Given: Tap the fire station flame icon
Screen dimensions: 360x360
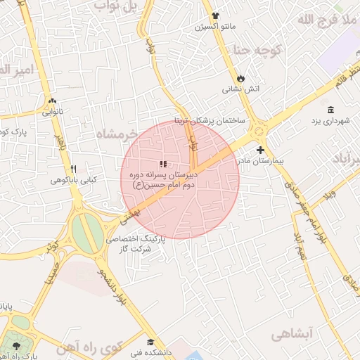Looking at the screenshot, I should point(241,77).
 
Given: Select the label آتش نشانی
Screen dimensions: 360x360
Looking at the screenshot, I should point(241,89).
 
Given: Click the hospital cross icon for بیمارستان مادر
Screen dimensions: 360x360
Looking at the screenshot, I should point(260,150).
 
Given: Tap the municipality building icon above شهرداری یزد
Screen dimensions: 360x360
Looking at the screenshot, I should point(330,109).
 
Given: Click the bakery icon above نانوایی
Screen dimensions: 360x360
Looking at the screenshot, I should point(51,101).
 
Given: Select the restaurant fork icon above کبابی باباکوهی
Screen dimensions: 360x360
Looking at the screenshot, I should point(73,169).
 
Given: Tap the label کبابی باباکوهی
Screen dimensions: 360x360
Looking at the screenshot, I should point(73,181).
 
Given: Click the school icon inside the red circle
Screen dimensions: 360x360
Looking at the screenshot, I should point(163,165).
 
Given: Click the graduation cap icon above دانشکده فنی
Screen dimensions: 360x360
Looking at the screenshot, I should point(149,334).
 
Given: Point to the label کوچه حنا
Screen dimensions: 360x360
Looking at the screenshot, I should point(257,50).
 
